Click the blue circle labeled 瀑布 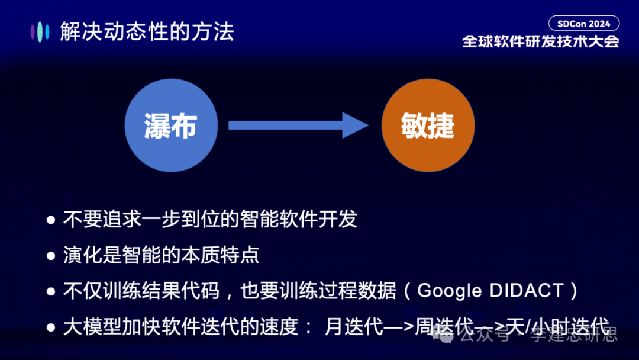click(170, 126)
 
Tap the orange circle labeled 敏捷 click(428, 126)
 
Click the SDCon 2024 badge click(583, 24)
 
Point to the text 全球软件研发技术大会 click(540, 41)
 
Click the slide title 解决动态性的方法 click(147, 31)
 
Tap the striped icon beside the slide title click(40, 31)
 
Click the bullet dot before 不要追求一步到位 click(51, 220)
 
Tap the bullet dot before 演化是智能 click(51, 256)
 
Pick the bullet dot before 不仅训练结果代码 click(51, 291)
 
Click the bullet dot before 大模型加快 click(51, 327)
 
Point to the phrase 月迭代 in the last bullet click(354, 326)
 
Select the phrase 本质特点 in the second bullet click(224, 255)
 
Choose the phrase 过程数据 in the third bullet click(363, 291)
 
